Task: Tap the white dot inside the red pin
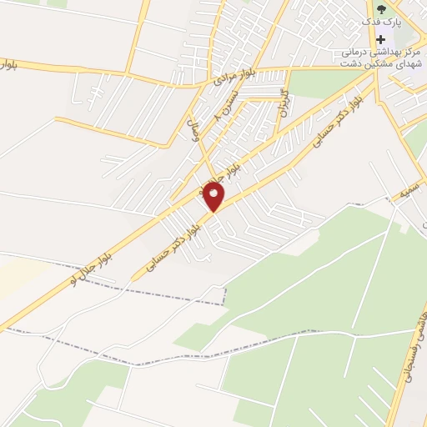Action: coord(214,193)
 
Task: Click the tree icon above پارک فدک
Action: coord(381,10)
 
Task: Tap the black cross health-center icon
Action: coord(381,39)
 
